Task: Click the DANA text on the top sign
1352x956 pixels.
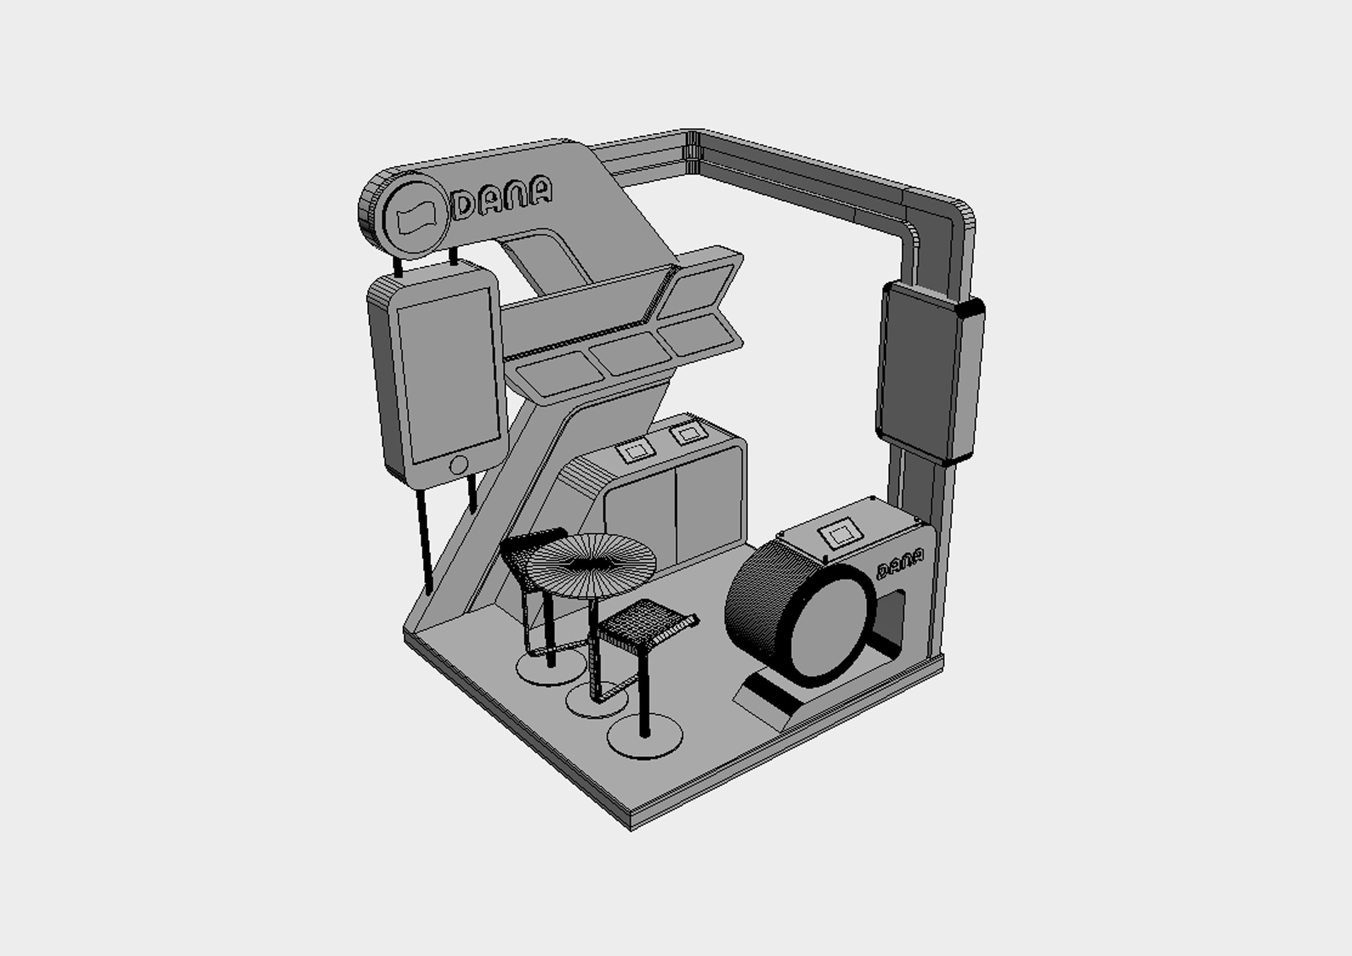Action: pos(502,197)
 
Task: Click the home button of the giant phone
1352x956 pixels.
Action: pos(458,465)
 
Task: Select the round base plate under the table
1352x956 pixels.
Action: pos(596,701)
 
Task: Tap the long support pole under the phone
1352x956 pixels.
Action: pos(424,542)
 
